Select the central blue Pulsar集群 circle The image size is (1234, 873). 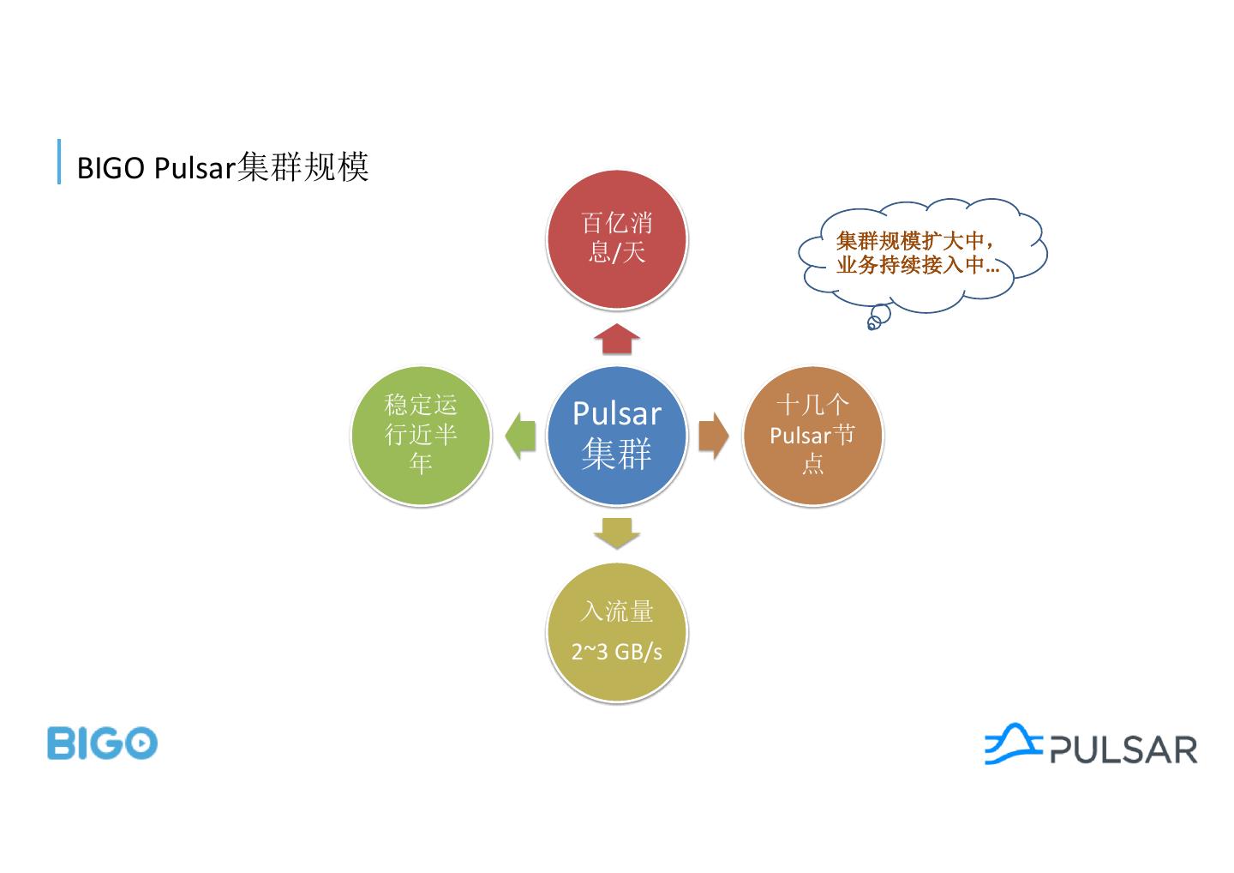coord(617,435)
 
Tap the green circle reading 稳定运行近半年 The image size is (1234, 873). coord(421,435)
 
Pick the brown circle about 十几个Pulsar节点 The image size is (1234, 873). coord(812,435)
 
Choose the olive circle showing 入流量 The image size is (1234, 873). coord(617,632)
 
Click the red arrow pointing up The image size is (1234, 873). coord(617,339)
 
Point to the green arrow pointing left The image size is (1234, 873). coord(519,435)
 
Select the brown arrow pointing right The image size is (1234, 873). coord(713,435)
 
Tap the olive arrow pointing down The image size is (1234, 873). coord(617,533)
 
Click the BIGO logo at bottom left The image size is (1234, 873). coord(102,743)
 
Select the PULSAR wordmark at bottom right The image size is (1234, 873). coord(1123,749)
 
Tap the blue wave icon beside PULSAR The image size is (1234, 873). coord(1014,743)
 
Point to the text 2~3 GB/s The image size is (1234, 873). coord(617,652)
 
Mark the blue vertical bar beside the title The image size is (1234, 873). coord(59,161)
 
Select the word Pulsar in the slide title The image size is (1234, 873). coord(195,168)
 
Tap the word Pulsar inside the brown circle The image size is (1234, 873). coord(800,436)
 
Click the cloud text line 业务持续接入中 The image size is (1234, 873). coord(917,265)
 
